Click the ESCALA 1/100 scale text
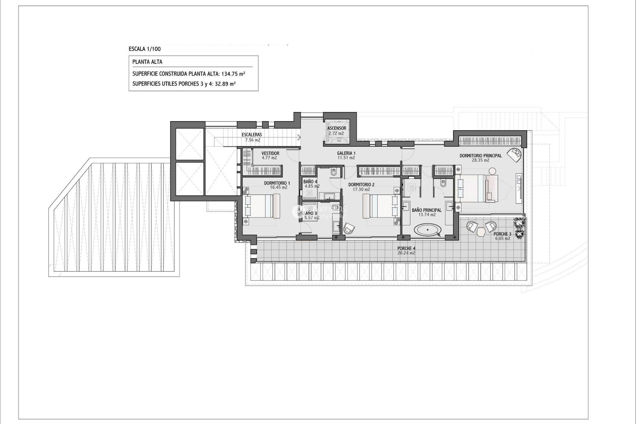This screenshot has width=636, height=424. point(145,49)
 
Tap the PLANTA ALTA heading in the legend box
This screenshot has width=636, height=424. point(147,62)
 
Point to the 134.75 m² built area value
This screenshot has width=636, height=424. point(233,74)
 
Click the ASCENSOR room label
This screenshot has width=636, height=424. point(337,128)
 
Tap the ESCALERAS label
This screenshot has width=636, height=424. point(252,135)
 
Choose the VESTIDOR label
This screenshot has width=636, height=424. point(270,153)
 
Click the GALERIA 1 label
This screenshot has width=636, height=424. point(346,153)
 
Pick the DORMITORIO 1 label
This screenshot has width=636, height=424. point(277,183)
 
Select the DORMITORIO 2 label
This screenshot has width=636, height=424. point(361,185)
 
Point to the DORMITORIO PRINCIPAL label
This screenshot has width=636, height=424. point(480,156)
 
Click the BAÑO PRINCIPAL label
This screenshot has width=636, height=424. point(427,210)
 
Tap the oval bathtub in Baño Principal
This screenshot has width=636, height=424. point(428,230)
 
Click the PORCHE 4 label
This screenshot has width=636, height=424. point(406,248)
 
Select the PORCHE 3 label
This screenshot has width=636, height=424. point(502,234)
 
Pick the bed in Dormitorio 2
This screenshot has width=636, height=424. point(381,206)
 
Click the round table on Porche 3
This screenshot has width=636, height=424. point(481,233)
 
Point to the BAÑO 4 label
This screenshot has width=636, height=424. point(310,182)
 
